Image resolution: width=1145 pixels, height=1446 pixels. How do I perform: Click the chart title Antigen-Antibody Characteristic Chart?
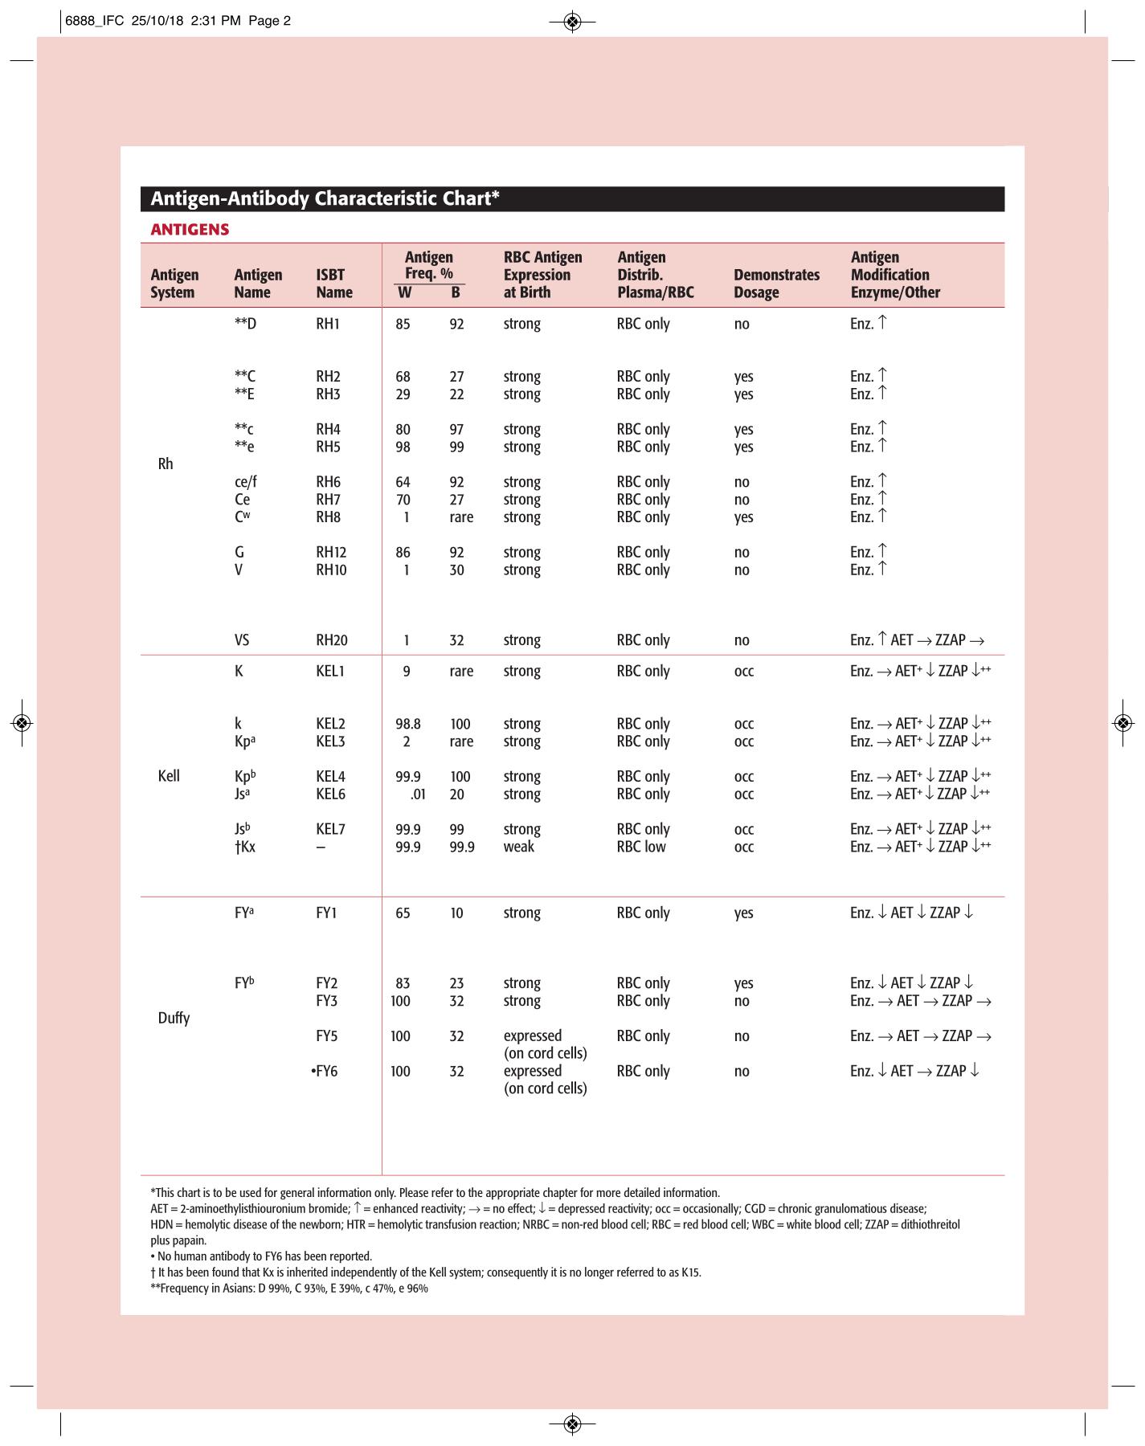(325, 198)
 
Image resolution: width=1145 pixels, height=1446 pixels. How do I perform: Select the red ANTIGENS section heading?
(190, 230)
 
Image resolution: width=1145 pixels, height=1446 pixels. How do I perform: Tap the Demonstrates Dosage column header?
(776, 284)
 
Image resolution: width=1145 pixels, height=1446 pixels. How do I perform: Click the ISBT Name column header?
(333, 284)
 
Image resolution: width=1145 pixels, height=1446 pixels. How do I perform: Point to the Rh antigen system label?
(166, 464)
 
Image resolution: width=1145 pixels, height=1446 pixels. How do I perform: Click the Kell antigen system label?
(169, 776)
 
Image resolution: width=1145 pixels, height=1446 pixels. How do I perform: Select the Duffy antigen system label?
(174, 1018)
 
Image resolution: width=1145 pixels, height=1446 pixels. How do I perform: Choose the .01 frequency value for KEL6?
(417, 794)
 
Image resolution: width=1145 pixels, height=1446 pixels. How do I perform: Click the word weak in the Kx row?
(518, 847)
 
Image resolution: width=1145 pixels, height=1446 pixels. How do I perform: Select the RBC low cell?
(641, 847)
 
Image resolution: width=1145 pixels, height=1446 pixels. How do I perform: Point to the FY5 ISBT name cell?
(326, 1036)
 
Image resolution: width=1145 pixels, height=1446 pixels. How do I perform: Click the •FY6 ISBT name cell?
(324, 1072)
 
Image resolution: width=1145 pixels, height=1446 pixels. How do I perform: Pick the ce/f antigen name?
(245, 482)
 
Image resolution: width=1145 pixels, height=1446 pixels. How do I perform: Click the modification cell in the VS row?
(917, 640)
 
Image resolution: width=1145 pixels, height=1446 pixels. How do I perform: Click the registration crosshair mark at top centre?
(572, 22)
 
